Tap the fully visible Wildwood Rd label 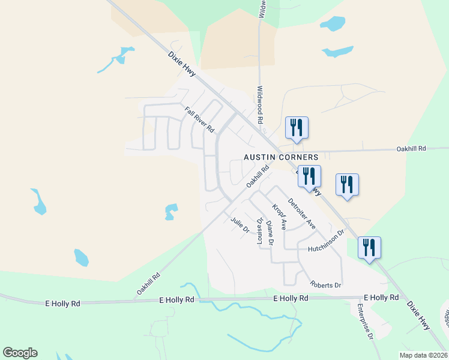pos(261,104)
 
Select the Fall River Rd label pos(199,119)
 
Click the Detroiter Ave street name pos(301,213)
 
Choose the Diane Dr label pos(270,233)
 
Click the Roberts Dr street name pos(325,284)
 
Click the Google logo pos(20,353)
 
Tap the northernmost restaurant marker pos(297,128)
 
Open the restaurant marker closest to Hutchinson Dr pos(369,248)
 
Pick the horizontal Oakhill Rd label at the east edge pos(411,148)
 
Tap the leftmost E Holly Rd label pos(62,304)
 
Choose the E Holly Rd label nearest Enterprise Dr pos(382,298)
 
